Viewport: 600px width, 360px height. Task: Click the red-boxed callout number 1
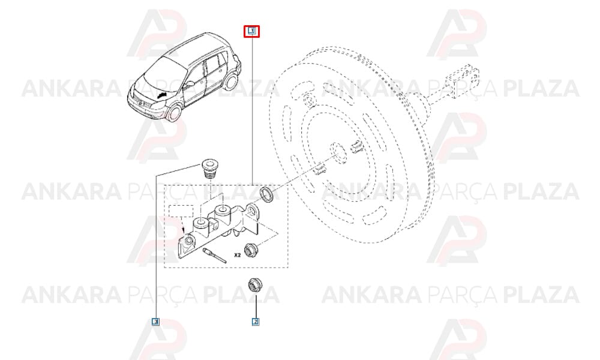(252, 31)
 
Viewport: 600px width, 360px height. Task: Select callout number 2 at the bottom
(256, 322)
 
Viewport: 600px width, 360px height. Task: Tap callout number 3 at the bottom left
(155, 322)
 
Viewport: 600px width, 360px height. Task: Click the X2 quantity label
(238, 255)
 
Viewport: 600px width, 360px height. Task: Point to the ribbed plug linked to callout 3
(208, 168)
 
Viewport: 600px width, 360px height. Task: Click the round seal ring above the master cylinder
(267, 194)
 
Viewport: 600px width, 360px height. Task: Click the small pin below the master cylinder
(215, 255)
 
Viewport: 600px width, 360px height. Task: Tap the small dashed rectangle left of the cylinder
(181, 211)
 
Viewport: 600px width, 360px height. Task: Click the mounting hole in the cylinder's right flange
(251, 211)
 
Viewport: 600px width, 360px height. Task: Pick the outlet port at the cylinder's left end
(188, 241)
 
